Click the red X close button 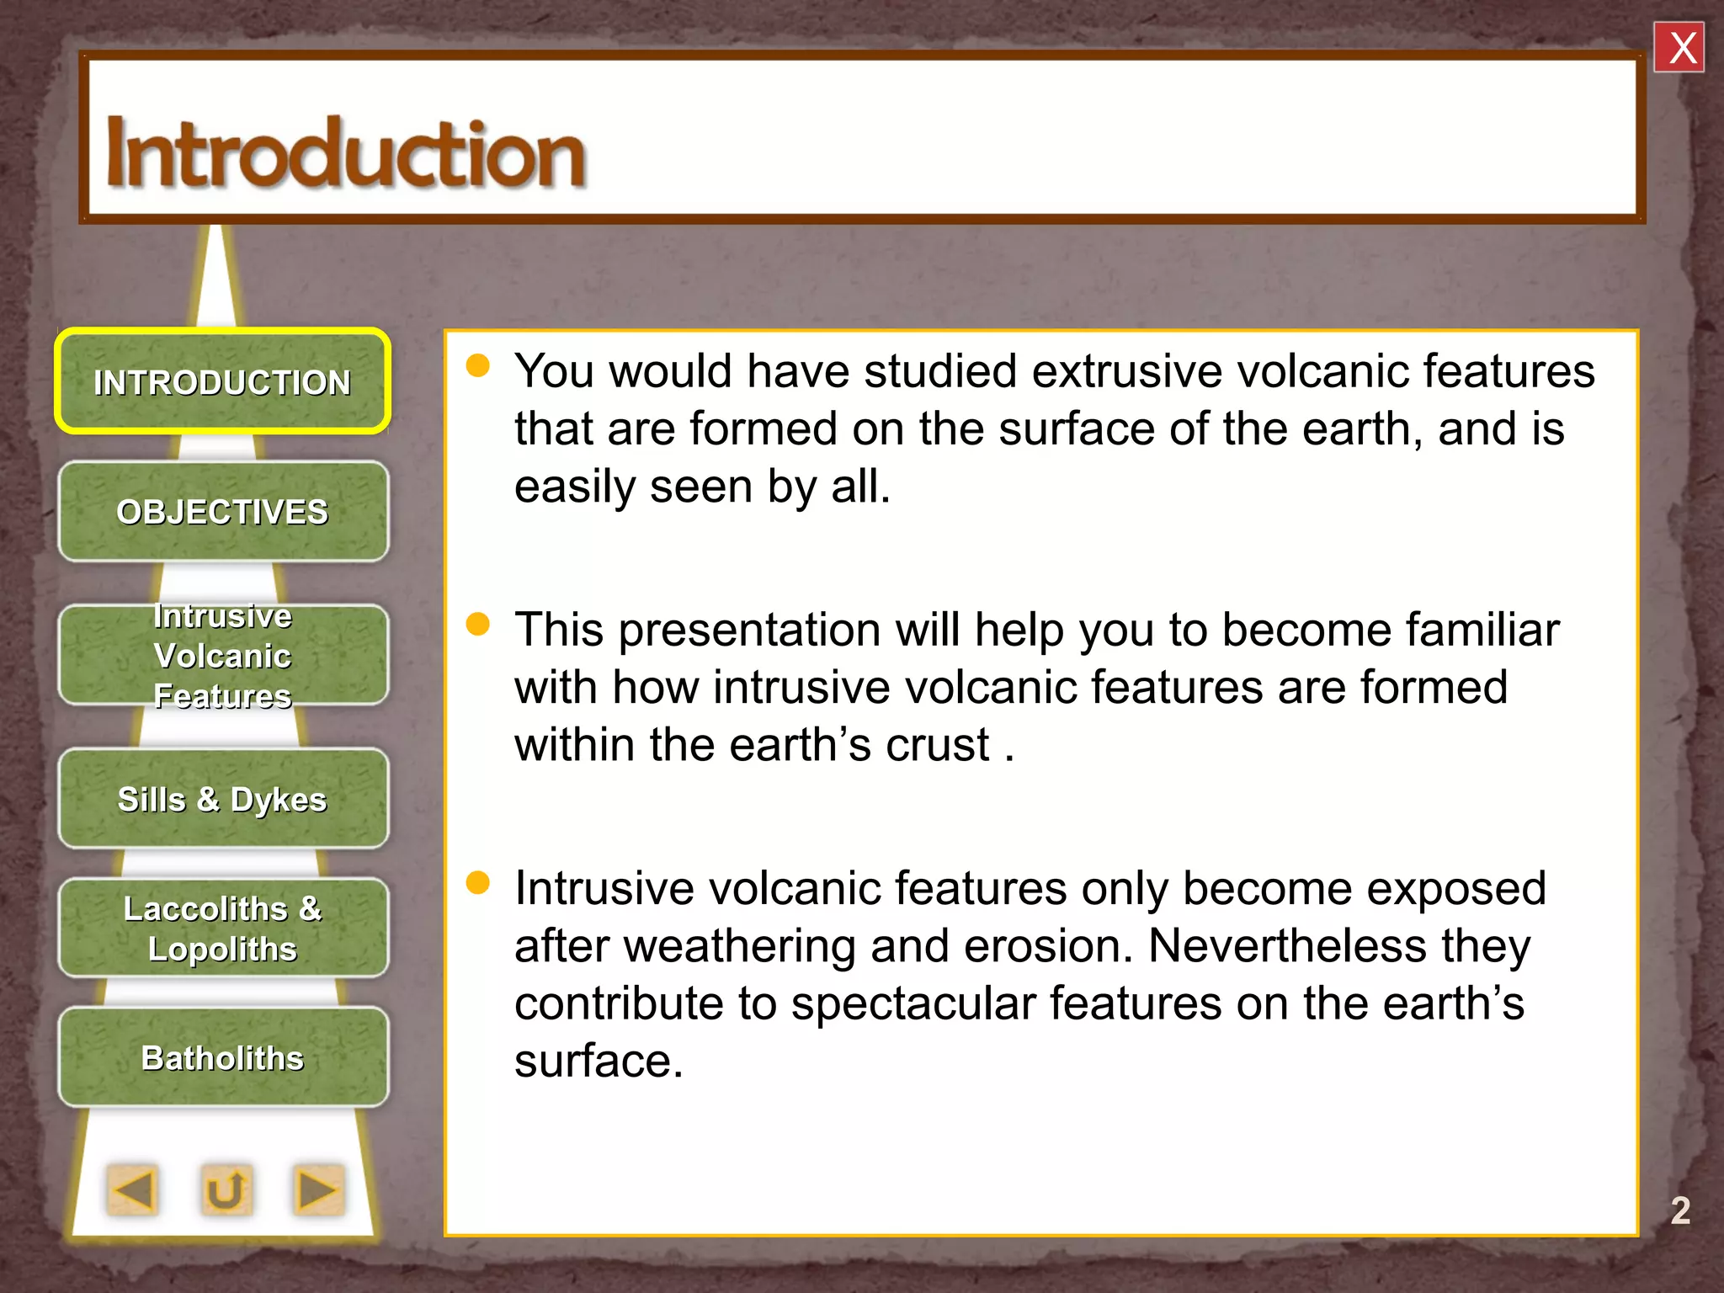click(1679, 48)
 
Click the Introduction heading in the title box click(345, 153)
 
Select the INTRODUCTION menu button click(222, 382)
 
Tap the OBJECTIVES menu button click(222, 512)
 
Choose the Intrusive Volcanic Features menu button click(222, 656)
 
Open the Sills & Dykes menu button click(222, 799)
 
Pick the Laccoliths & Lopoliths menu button click(222, 929)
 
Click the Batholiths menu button click(222, 1057)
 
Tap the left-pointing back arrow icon click(133, 1189)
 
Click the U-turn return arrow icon click(226, 1189)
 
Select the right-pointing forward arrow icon click(318, 1189)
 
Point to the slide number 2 click(1679, 1211)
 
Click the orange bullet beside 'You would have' click(478, 365)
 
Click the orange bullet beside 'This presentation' click(478, 624)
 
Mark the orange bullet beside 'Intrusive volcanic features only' click(478, 882)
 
